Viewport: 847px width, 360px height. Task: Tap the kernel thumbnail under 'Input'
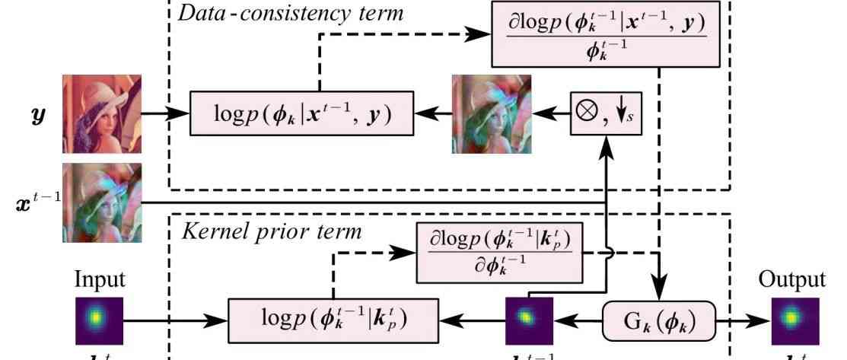tap(99, 316)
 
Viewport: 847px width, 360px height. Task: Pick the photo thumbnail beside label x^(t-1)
tap(101, 202)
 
